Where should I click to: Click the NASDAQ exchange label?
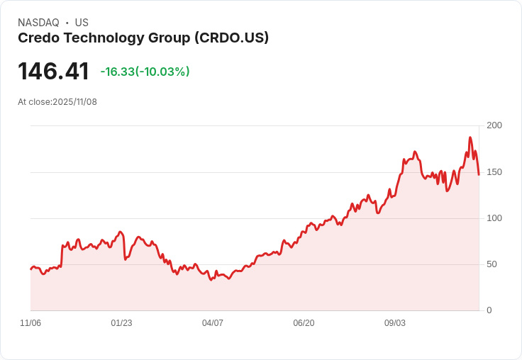click(x=38, y=23)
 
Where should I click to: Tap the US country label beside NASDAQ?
click(x=82, y=23)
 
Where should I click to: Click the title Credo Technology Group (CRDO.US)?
click(x=143, y=38)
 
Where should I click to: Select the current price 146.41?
click(x=53, y=72)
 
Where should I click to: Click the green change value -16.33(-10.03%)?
click(x=145, y=72)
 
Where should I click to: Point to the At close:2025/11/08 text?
click(x=57, y=102)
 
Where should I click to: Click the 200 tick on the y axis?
click(x=494, y=125)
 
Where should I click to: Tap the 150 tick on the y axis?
click(x=494, y=172)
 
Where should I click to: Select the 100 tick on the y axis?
click(x=494, y=218)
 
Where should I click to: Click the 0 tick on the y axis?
click(x=489, y=310)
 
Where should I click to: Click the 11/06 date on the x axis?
click(x=30, y=323)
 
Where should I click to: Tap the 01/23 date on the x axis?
click(x=121, y=323)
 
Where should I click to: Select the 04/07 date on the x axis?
click(x=213, y=323)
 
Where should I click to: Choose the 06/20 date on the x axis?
click(x=304, y=323)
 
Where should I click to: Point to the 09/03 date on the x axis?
click(x=395, y=323)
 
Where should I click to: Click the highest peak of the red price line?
click(x=470, y=137)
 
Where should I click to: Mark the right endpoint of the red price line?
click(x=479, y=174)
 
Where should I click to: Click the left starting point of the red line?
click(x=30, y=269)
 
